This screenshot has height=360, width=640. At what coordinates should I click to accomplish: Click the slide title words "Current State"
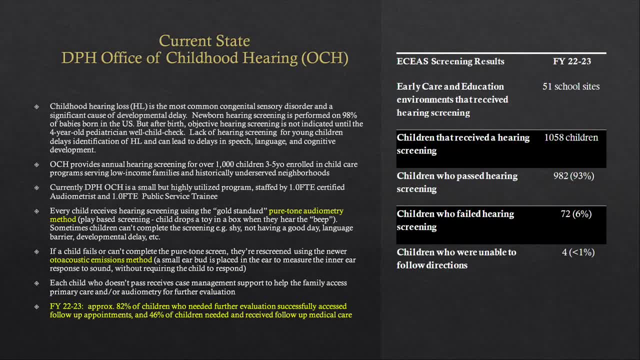(x=204, y=40)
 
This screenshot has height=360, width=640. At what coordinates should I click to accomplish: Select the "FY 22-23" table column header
(x=572, y=61)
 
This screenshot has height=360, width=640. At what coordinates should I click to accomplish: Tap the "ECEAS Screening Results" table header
(x=450, y=61)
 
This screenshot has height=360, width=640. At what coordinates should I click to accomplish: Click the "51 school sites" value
(x=571, y=86)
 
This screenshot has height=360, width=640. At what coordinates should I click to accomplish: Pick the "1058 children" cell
(x=571, y=137)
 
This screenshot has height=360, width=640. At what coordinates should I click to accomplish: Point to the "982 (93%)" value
(x=573, y=176)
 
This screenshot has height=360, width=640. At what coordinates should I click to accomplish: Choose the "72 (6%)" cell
(x=576, y=214)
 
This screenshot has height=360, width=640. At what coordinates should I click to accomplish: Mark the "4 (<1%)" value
(x=578, y=252)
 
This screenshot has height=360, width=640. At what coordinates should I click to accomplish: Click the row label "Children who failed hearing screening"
(x=455, y=220)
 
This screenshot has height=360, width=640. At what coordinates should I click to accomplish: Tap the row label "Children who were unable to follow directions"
(x=456, y=258)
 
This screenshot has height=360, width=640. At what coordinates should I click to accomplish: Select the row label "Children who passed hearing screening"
(x=457, y=182)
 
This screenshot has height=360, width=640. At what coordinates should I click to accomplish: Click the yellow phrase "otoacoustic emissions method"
(x=100, y=260)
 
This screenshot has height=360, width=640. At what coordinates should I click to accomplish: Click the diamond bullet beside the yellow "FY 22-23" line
(x=36, y=306)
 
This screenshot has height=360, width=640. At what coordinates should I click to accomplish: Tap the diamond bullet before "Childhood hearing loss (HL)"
(x=36, y=106)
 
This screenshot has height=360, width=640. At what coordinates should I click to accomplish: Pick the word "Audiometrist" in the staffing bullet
(x=70, y=196)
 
